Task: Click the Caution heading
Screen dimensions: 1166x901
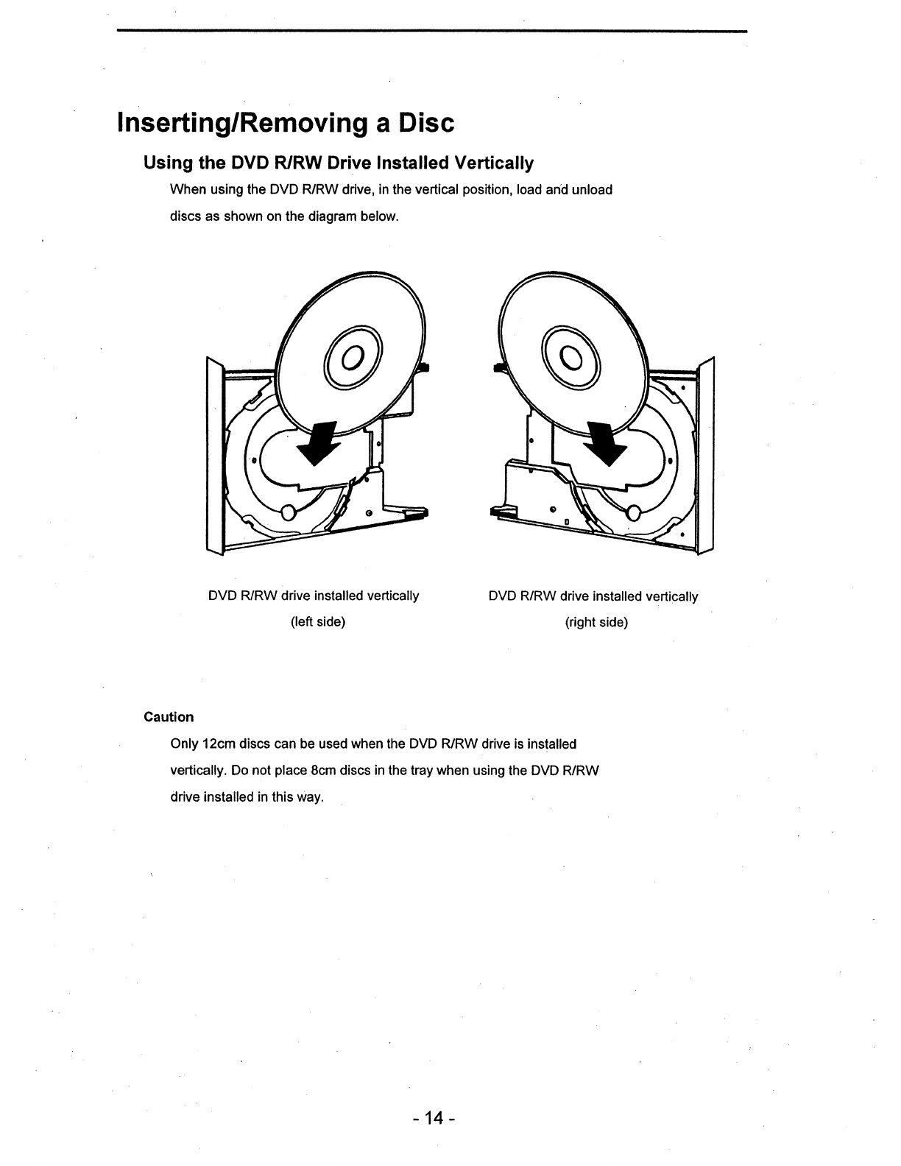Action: (169, 717)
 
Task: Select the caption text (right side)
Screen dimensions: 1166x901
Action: (596, 623)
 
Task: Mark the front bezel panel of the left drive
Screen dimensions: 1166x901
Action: (214, 456)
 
